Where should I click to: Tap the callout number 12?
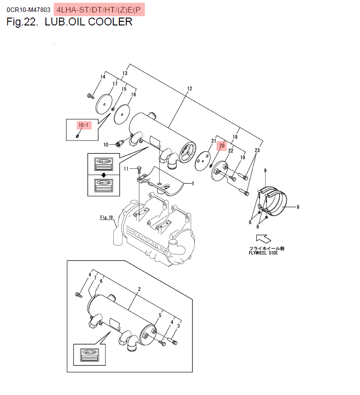tap(189, 88)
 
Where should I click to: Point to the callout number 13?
tap(124, 74)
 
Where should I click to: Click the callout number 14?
tap(103, 77)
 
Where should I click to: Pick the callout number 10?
tap(106, 145)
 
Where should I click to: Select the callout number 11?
tap(125, 169)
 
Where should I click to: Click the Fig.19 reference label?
tap(106, 217)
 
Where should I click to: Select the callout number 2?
tap(139, 289)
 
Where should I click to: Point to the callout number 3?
tap(178, 326)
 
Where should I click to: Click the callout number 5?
tap(160, 315)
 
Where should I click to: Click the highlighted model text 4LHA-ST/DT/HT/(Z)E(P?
tap(99, 9)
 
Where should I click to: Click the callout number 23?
tap(257, 151)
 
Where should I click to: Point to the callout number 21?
tap(214, 141)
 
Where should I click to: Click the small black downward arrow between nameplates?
tap(104, 175)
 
